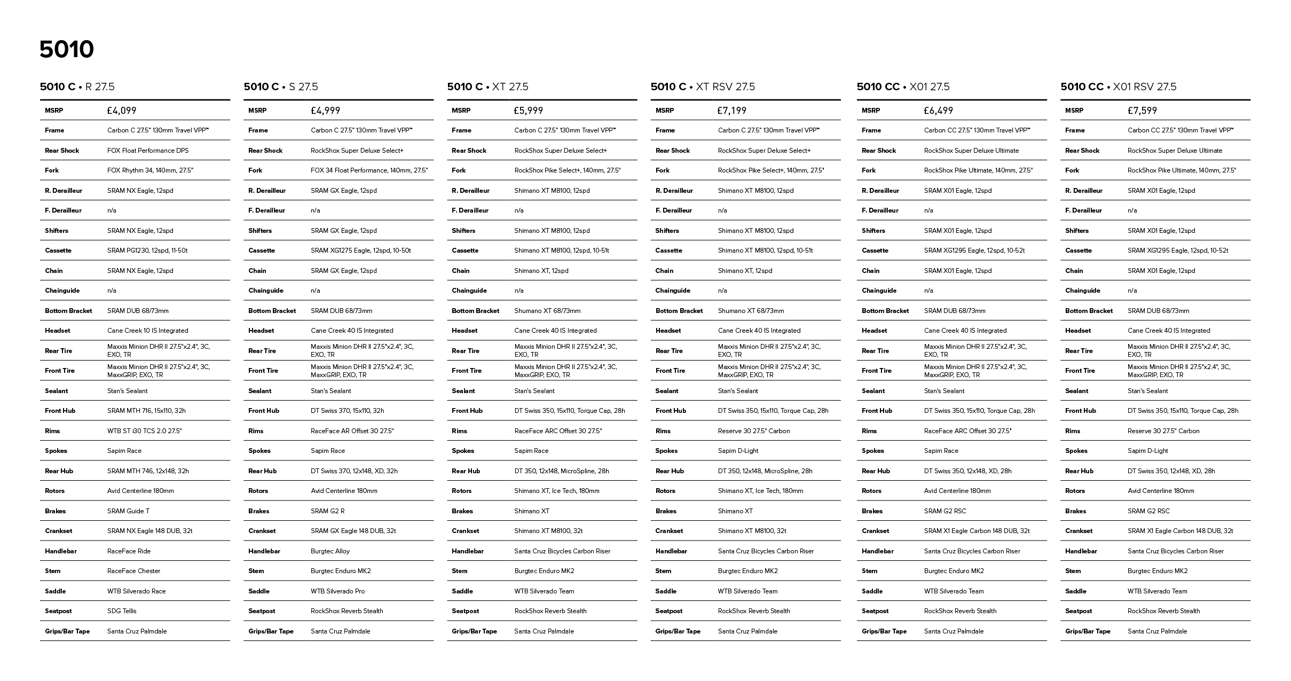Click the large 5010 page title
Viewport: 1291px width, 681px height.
[67, 50]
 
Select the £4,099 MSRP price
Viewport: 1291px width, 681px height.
[122, 111]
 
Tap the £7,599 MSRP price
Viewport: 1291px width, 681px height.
[1142, 111]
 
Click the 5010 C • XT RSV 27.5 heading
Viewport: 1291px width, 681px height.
[703, 87]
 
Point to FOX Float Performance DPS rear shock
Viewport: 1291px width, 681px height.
[148, 151]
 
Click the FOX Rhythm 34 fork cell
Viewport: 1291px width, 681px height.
[150, 170]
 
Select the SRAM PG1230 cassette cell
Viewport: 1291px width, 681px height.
[147, 251]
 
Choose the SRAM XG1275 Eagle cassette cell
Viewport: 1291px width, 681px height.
[361, 251]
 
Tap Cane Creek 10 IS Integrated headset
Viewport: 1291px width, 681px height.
[148, 331]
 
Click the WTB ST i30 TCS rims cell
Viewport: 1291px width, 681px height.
[145, 431]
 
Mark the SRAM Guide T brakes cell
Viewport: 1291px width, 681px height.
[128, 511]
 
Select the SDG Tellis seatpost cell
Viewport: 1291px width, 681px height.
[122, 611]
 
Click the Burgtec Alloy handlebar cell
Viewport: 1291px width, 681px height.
[330, 551]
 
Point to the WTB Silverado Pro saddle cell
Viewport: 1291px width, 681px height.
[338, 591]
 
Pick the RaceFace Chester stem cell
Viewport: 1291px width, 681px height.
[134, 571]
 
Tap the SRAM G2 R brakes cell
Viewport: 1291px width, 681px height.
[328, 511]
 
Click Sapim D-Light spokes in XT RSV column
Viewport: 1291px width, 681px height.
[738, 451]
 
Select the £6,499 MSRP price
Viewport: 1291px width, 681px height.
[938, 111]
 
